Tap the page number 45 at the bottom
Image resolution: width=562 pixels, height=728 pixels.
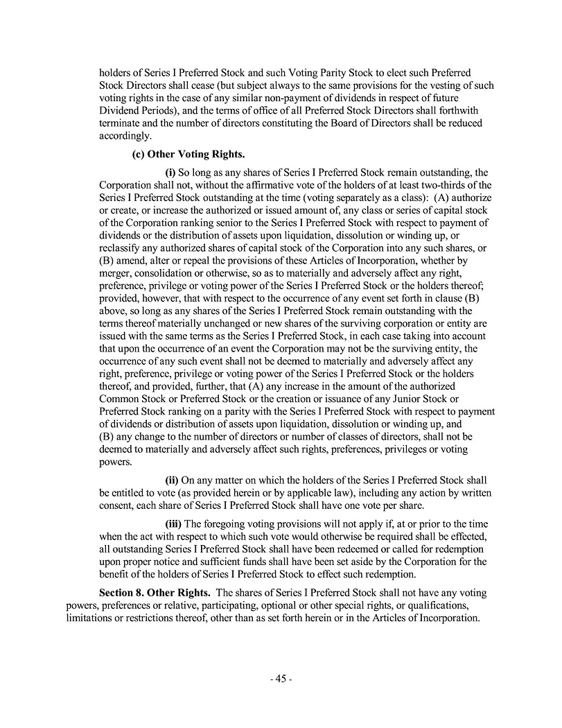point(281,679)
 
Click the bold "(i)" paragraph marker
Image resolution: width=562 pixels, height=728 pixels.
point(170,172)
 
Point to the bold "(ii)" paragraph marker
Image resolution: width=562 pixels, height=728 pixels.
point(171,480)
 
